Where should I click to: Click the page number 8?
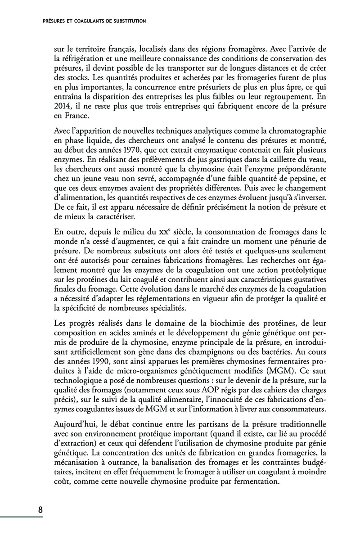pos(40,510)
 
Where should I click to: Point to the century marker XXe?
pos(168,233)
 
